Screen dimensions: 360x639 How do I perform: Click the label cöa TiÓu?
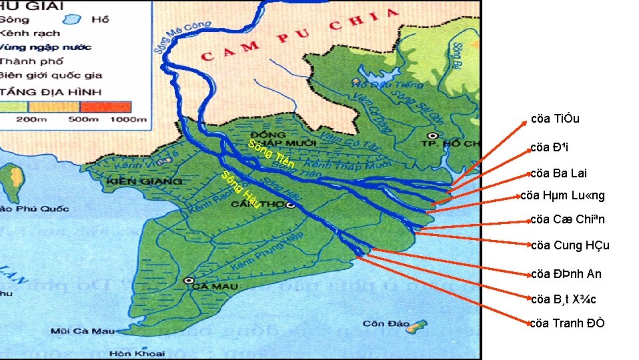(555, 119)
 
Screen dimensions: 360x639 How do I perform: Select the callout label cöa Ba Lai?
(559, 173)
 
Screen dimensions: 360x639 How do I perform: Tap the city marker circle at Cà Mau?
(189, 281)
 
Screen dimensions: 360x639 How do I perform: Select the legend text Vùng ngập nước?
(45, 47)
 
